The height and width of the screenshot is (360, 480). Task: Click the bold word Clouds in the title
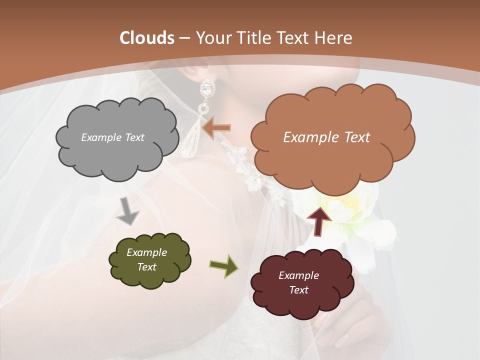[x=147, y=38]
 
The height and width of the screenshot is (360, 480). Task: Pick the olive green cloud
[x=149, y=260]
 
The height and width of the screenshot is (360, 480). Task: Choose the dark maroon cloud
[x=302, y=283]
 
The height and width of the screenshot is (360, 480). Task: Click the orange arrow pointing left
[x=217, y=128]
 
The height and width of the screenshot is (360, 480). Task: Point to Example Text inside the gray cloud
[x=112, y=137]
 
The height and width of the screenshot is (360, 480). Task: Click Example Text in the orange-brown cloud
[x=326, y=137]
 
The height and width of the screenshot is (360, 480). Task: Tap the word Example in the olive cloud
[x=146, y=252]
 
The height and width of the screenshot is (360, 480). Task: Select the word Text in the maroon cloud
[x=298, y=290]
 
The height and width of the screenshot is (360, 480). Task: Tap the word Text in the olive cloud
[x=146, y=267]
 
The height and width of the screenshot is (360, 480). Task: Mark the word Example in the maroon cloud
[x=298, y=275]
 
